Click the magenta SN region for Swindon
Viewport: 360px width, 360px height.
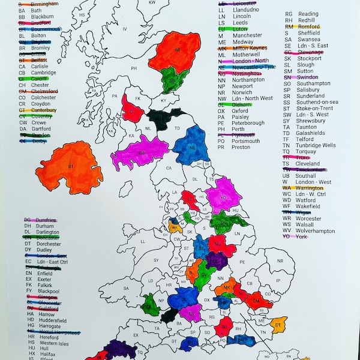191,312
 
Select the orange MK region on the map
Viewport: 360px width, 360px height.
226,289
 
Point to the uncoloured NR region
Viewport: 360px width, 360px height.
279,262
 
